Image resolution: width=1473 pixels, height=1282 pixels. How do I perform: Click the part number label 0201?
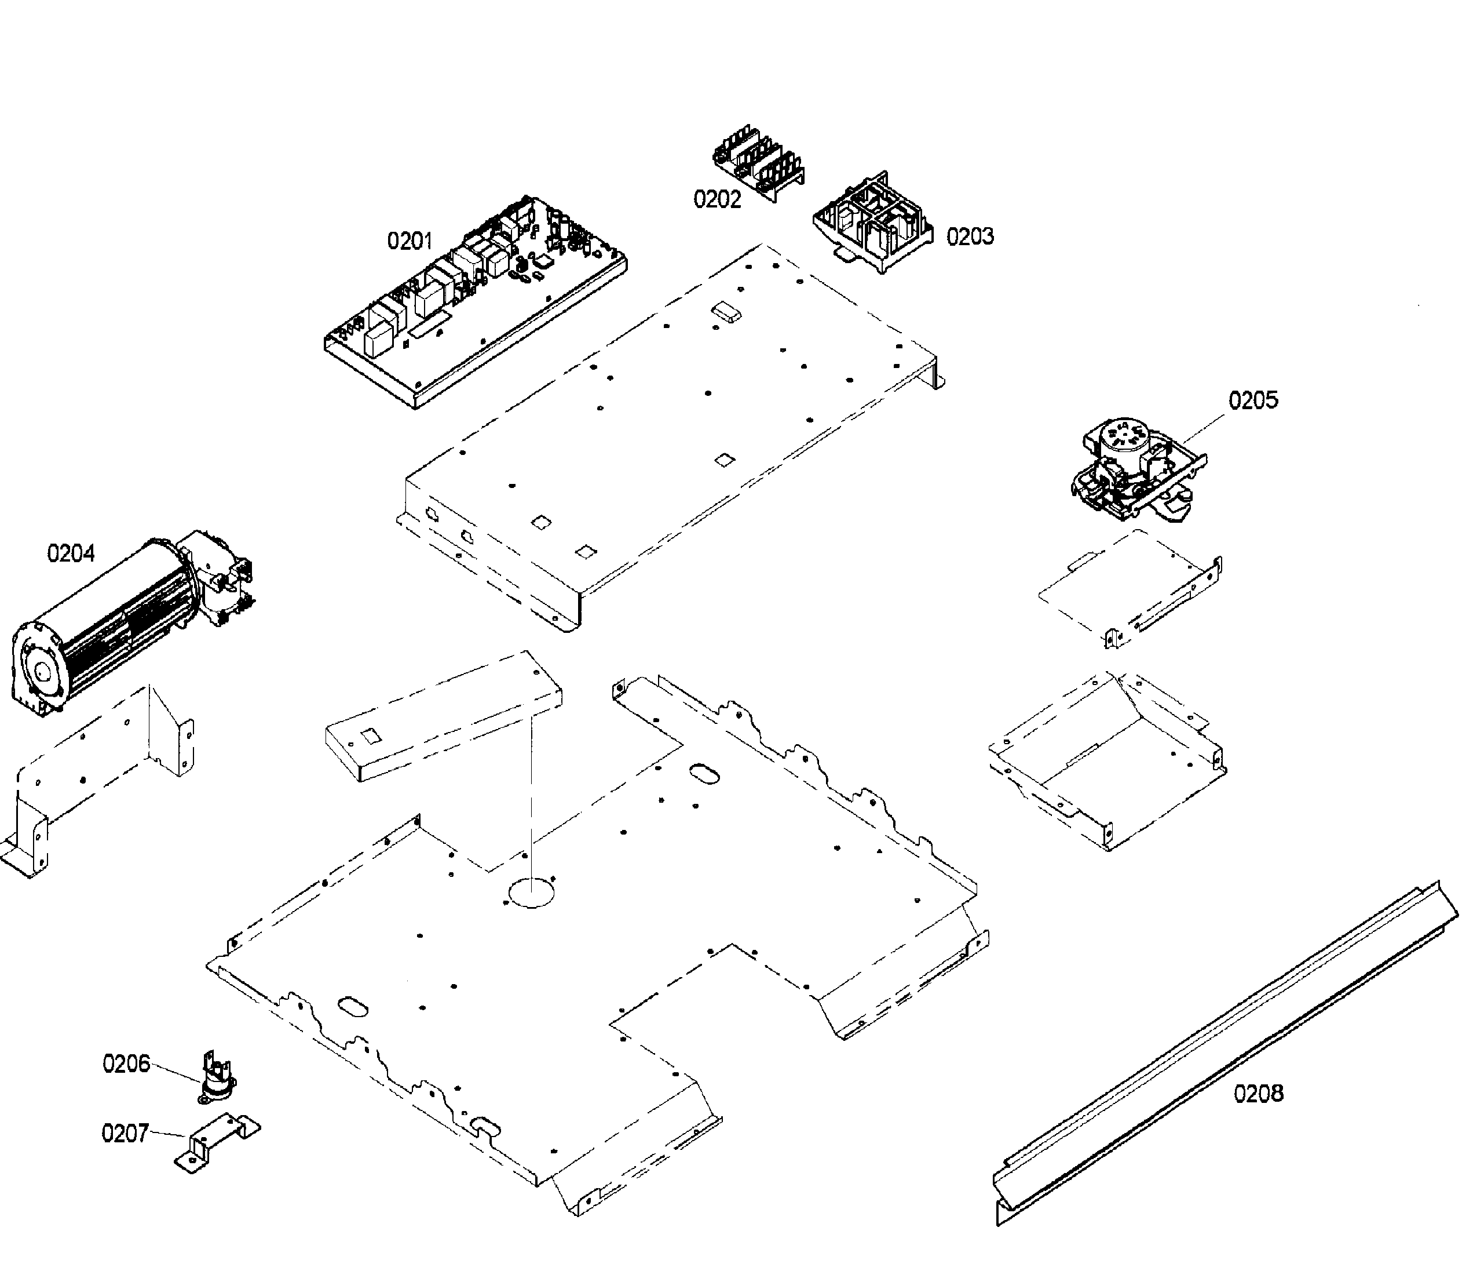click(x=410, y=241)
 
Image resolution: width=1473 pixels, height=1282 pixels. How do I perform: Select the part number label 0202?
click(x=717, y=199)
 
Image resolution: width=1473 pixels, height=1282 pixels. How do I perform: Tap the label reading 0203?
click(x=970, y=237)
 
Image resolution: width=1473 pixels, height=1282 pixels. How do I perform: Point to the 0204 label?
click(x=71, y=553)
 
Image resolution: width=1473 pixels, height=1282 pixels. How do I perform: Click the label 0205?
click(x=1253, y=400)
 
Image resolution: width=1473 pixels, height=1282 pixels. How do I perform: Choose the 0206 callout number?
click(x=126, y=1064)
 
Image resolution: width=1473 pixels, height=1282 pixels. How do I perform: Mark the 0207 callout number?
click(x=125, y=1133)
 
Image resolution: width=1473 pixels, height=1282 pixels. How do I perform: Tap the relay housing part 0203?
click(x=874, y=222)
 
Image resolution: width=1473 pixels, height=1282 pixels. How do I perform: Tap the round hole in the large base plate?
click(x=531, y=893)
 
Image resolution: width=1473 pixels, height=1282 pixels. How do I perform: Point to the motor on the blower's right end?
click(x=218, y=573)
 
